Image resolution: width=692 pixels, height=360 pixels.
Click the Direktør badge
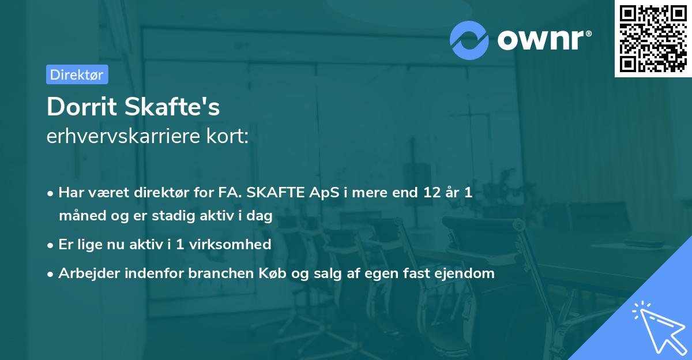tap(77, 74)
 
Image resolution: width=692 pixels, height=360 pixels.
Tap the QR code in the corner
tap(653, 39)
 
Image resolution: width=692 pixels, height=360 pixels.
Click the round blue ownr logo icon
tap(469, 40)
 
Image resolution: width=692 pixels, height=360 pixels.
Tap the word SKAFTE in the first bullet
tap(275, 193)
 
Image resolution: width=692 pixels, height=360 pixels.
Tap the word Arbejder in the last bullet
tap(85, 273)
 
